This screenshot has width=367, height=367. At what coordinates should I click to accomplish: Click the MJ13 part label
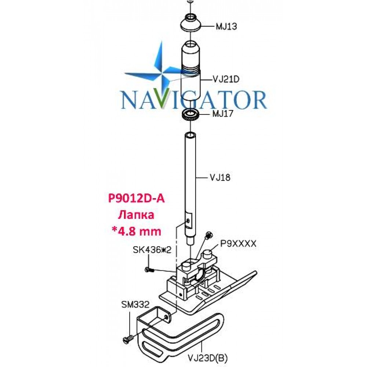[226, 26]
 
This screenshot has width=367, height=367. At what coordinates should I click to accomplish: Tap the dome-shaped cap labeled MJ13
[191, 22]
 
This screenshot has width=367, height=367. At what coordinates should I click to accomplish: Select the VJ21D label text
[226, 79]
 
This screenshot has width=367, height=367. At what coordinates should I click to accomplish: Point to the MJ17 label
[223, 114]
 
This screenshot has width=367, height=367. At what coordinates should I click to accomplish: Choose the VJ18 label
[220, 178]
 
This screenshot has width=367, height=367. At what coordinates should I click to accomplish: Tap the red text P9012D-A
[137, 199]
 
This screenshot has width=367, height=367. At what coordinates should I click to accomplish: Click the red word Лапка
[136, 215]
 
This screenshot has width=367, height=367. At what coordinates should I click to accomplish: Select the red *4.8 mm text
[137, 232]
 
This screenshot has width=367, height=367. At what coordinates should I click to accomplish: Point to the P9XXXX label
[238, 244]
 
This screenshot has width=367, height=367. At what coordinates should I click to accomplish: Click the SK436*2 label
[152, 250]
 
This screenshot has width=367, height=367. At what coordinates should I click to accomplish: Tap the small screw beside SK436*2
[149, 270]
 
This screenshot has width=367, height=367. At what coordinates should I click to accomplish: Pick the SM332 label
[135, 305]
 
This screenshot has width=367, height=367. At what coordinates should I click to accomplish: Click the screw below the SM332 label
[128, 338]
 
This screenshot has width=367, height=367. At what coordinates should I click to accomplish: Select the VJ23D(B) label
[208, 357]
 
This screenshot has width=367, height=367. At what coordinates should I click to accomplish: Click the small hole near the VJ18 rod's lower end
[188, 221]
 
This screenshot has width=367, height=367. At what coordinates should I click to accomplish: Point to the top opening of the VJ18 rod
[190, 135]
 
